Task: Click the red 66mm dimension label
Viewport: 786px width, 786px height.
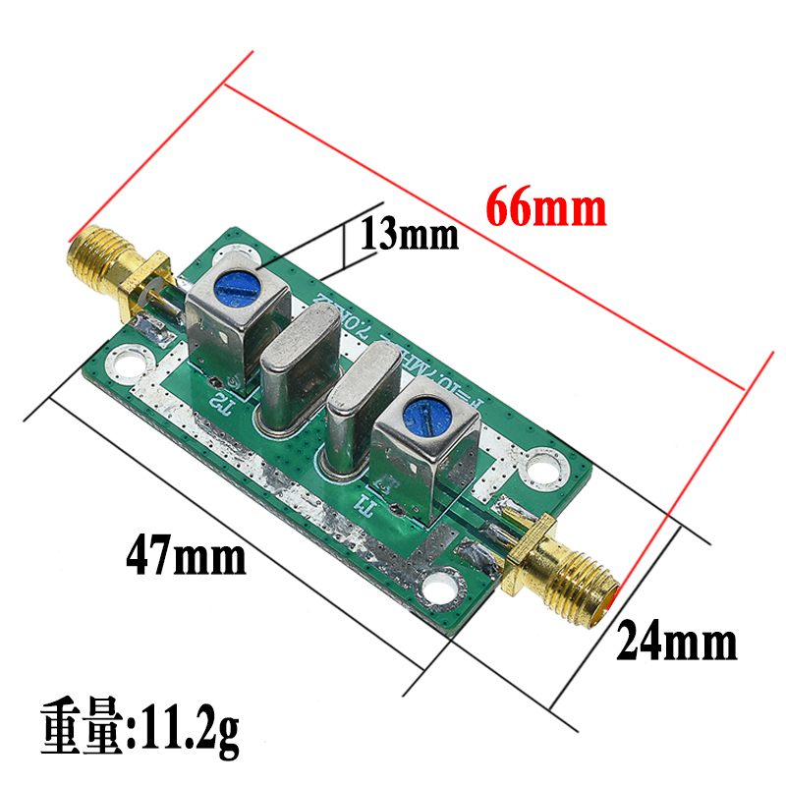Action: (x=546, y=208)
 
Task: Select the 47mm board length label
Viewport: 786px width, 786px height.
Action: (x=186, y=557)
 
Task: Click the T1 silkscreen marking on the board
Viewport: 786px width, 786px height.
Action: (x=365, y=504)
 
